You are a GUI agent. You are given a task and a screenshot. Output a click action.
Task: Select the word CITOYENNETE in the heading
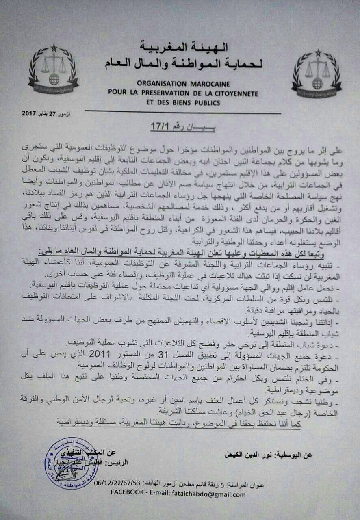tap(236, 93)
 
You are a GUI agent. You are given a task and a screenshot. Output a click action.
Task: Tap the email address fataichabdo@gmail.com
tap(215, 494)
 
